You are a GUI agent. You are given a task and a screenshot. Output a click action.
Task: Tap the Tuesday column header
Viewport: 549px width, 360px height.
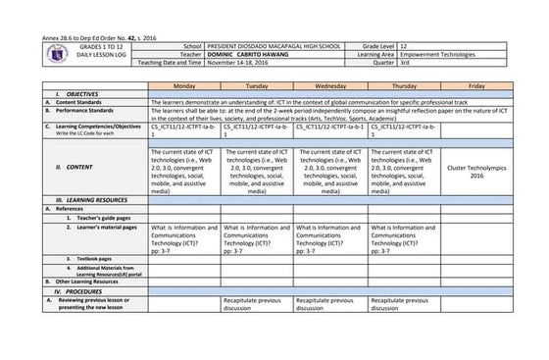point(257,85)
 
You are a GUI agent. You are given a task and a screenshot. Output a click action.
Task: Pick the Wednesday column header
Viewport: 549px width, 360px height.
point(329,85)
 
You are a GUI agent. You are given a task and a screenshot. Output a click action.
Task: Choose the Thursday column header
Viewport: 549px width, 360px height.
point(402,85)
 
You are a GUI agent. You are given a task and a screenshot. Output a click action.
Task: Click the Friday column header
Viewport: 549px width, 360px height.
point(476,85)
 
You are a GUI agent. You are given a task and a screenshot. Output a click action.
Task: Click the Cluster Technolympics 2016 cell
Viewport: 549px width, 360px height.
point(476,169)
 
